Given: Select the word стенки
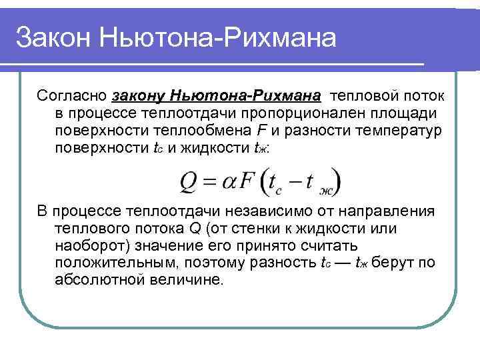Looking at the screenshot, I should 259,229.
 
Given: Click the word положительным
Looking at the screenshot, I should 113,263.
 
